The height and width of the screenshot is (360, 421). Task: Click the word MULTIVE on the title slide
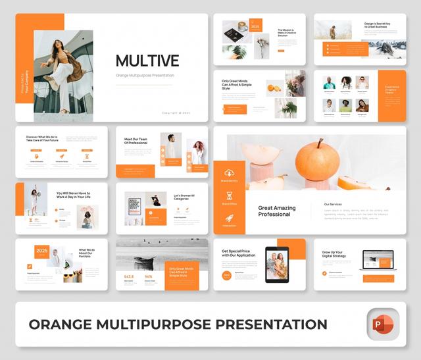click(x=147, y=61)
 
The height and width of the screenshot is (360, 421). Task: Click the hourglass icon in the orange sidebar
click(x=230, y=196)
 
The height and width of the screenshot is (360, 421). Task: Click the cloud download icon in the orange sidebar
click(x=230, y=173)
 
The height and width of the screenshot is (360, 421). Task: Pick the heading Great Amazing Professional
click(x=276, y=211)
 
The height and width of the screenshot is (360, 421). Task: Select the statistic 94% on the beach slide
click(x=149, y=276)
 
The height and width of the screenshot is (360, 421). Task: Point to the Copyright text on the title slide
click(x=176, y=113)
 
